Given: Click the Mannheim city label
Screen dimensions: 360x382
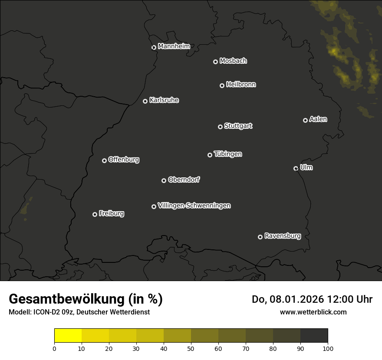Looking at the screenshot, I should coord(174,46).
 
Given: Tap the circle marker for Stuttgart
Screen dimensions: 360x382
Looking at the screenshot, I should coord(220,127).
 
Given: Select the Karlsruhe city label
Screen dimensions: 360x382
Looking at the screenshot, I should coord(164,100).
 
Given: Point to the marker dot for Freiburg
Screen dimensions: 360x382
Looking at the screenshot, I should coord(95,214).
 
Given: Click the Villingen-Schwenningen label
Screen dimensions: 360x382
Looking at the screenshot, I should coord(194,206).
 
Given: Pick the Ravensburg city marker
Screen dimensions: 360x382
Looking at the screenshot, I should coord(260,237).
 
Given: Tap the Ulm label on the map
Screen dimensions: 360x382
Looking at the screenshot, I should coord(306,167).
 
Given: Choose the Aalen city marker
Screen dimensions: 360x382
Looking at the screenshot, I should coord(305,120).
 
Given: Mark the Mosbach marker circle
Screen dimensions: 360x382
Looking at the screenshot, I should coord(215,62).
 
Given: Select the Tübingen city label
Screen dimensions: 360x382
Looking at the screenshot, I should coord(228,154).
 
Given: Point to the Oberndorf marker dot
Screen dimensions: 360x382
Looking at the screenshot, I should coord(164,180).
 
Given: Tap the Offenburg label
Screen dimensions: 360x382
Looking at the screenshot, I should coord(124,160).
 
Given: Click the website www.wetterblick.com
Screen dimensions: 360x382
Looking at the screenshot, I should coord(313,312).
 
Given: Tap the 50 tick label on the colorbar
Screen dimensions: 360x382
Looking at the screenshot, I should coord(191,348).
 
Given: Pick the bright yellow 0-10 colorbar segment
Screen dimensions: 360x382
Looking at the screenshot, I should coord(68,336).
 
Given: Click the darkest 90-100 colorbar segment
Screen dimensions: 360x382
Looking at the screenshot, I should coord(314,336).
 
